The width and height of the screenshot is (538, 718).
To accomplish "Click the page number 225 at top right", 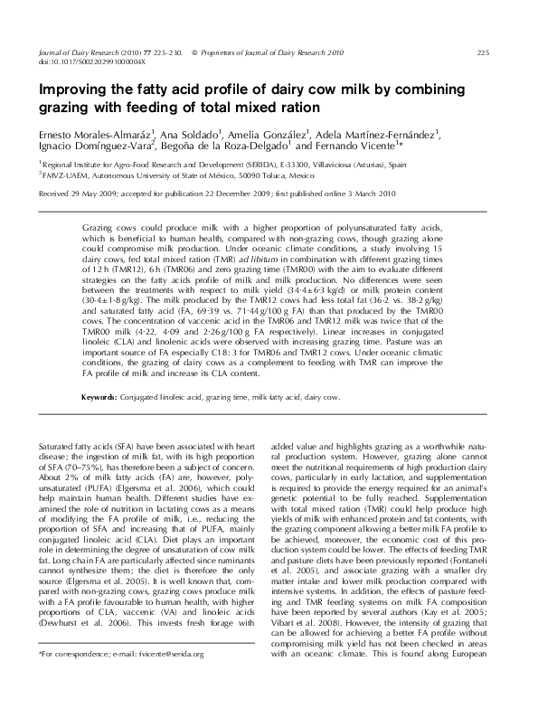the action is pyautogui.click(x=482, y=53).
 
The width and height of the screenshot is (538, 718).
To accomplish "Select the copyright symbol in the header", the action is pyautogui.click(x=195, y=53).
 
